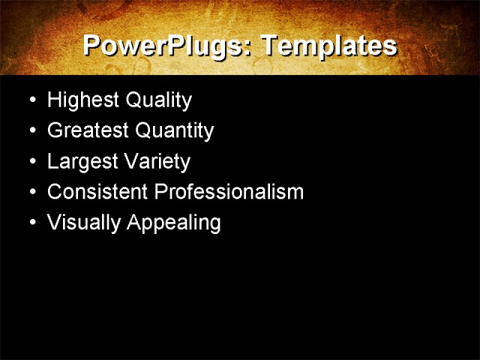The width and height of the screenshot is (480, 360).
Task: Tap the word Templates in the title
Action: tap(328, 46)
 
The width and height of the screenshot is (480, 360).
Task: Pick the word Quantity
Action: tap(174, 130)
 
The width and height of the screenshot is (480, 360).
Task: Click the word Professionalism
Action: tap(229, 192)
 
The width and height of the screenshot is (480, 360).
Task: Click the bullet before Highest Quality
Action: tap(31, 100)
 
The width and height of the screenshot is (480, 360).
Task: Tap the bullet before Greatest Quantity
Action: tap(31, 131)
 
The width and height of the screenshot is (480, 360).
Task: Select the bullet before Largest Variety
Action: tap(31, 162)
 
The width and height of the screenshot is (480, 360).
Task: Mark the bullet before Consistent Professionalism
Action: tap(31, 193)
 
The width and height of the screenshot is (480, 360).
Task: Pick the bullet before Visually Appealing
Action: tap(31, 223)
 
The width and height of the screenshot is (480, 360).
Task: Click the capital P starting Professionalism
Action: tap(160, 192)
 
